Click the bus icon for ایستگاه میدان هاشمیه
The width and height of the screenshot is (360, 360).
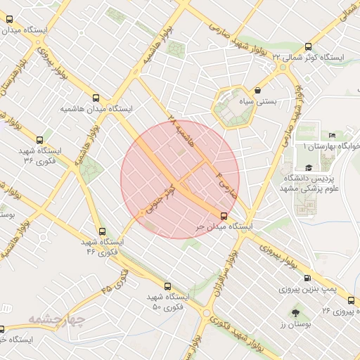[x=96, y=98]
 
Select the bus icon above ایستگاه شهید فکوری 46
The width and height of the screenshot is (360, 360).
[x=103, y=231]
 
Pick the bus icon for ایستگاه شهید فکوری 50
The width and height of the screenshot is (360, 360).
[x=167, y=286]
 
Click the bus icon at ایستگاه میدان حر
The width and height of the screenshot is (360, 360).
[x=224, y=216]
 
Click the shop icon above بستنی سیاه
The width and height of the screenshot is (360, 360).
[x=258, y=90]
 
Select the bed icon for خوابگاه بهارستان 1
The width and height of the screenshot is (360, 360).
[x=332, y=136]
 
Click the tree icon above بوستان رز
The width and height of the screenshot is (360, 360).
[x=294, y=312]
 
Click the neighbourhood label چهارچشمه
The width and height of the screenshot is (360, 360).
[x=56, y=321]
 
